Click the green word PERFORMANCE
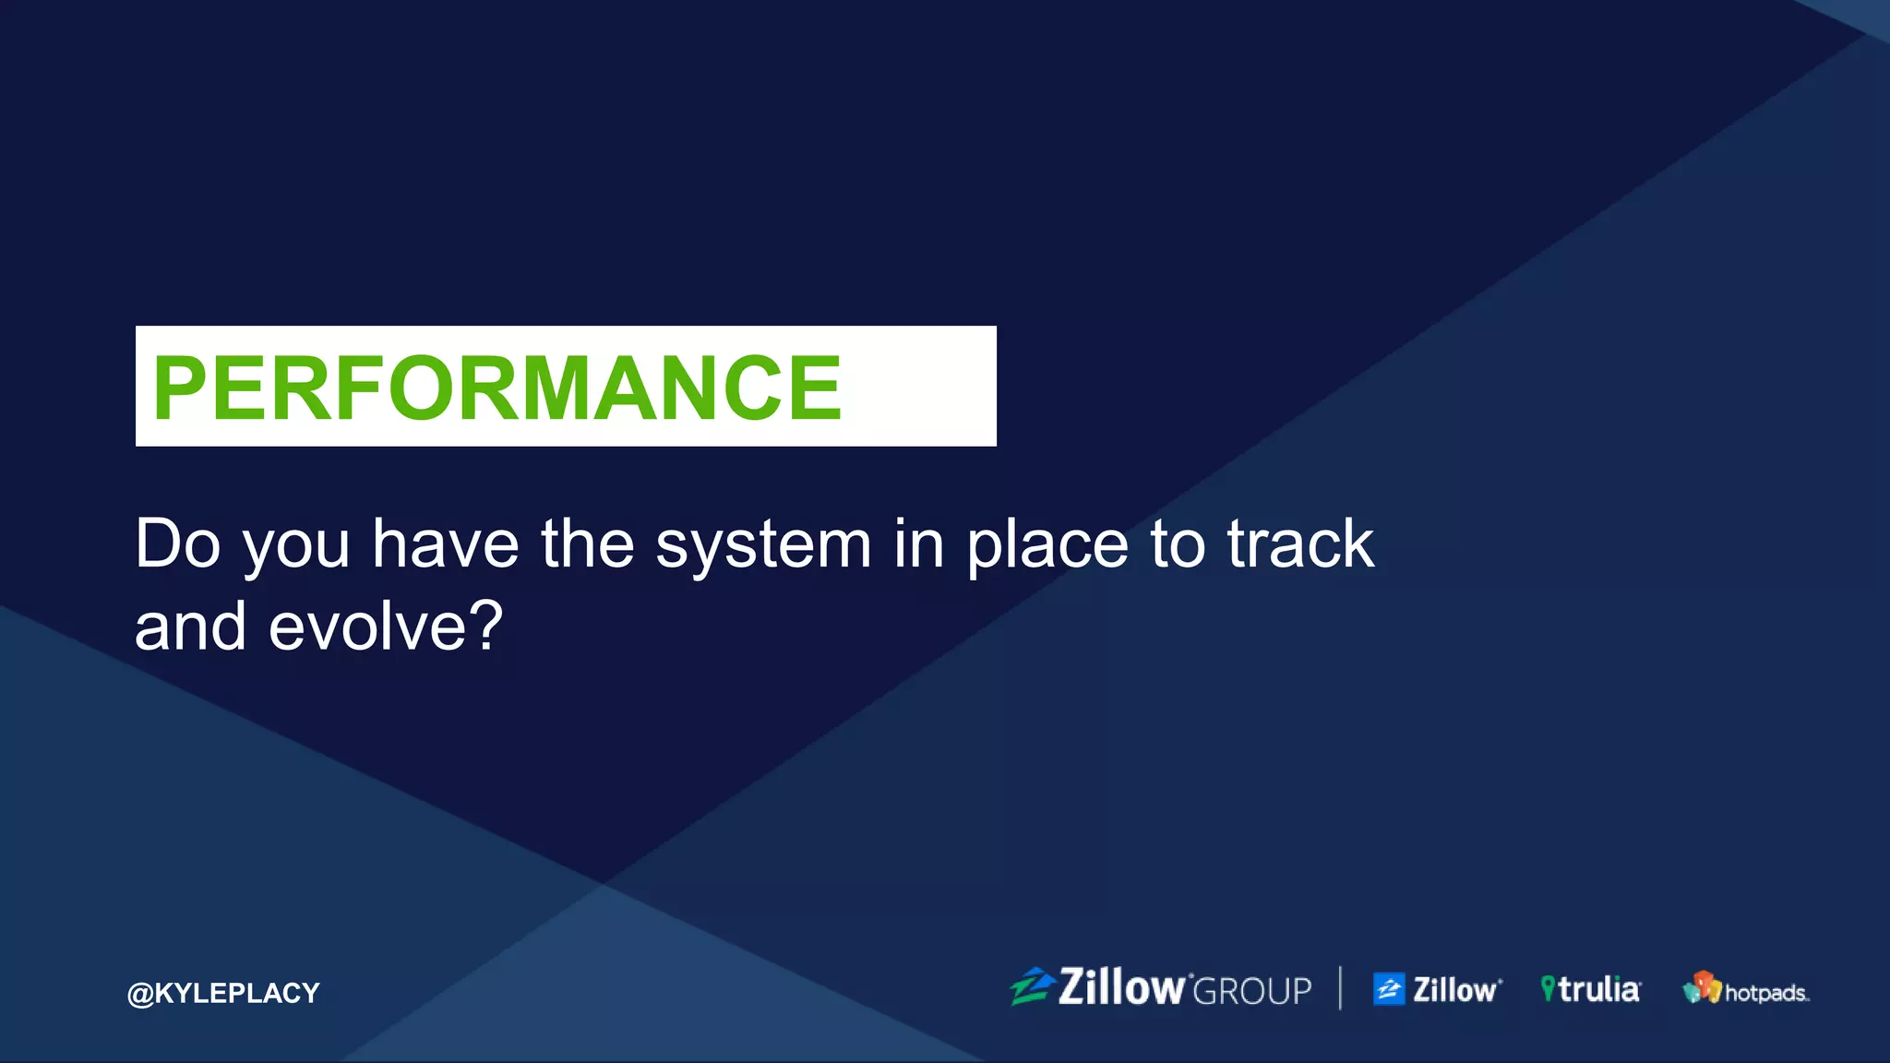pos(496,388)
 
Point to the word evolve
pos(367,627)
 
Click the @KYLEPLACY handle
pos(223,993)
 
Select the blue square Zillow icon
pos(1388,989)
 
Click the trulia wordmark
pos(1599,989)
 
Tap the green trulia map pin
pos(1548,988)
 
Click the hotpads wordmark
pos(1765,993)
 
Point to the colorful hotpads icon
pos(1702,987)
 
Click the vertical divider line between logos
pos(1340,988)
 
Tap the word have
pos(445,544)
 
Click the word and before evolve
pos(190,627)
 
